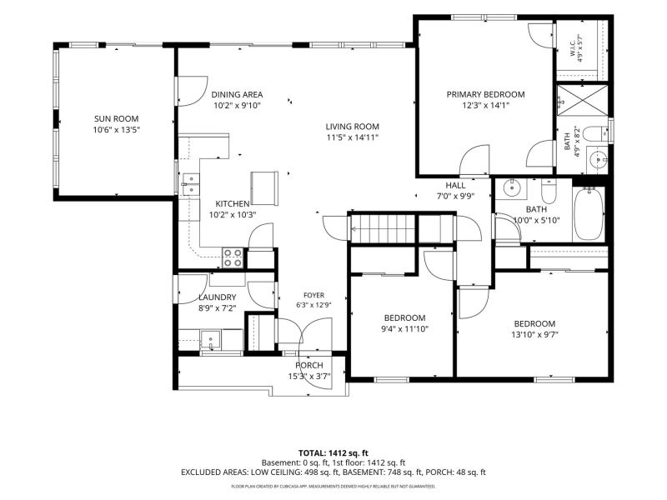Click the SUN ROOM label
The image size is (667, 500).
pos(116,118)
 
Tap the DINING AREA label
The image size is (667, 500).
pos(237,94)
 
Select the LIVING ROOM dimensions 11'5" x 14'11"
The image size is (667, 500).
pos(352,137)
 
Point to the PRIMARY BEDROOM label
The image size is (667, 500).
pos(485,94)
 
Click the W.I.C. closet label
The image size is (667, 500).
pos(572,47)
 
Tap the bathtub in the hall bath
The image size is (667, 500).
pos(589,214)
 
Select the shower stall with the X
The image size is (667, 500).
pos(582,100)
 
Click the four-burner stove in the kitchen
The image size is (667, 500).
pos(233,258)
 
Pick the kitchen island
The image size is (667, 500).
pos(264,188)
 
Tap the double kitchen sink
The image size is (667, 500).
pos(191,184)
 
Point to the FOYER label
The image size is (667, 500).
pos(314,295)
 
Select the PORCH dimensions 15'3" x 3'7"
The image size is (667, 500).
pos(309,376)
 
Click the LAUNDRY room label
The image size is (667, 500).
pos(218,297)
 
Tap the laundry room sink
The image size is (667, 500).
pos(211,339)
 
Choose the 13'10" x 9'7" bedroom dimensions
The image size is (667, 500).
pos(534,334)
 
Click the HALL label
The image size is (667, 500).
pos(455,185)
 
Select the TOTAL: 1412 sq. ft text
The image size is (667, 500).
pos(333,453)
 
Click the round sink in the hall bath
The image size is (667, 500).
pos(510,187)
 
